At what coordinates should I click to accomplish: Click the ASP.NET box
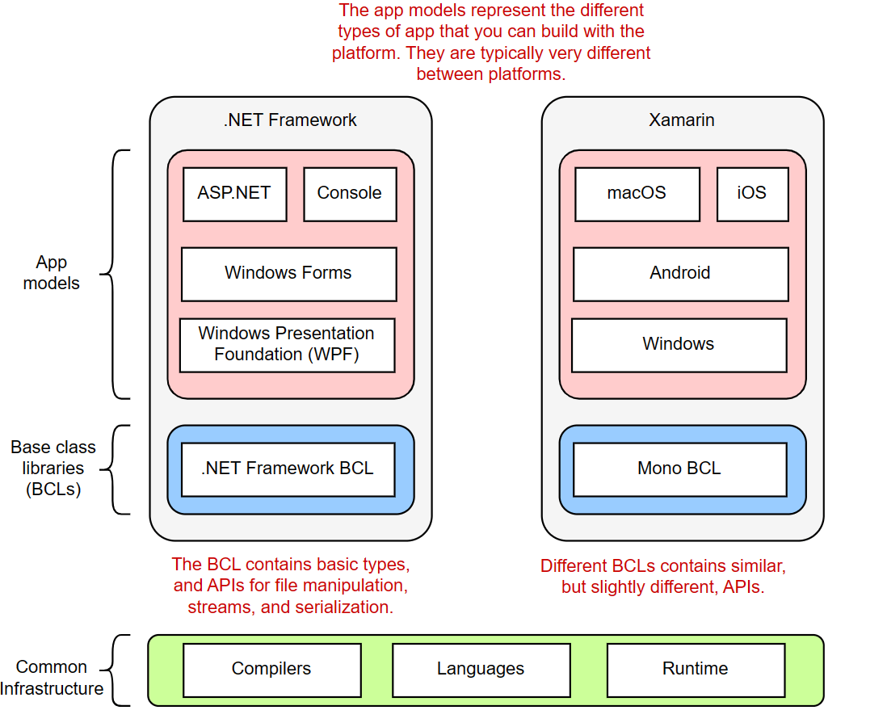tap(234, 194)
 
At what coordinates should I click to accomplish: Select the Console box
tap(350, 194)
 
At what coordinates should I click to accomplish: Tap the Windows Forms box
tap(288, 274)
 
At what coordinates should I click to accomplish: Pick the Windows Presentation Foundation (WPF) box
tap(287, 345)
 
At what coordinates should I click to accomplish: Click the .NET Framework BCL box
tap(288, 469)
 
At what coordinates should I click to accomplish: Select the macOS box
tap(637, 194)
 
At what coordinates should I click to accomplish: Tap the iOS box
tap(751, 194)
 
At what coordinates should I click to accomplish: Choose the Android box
tap(679, 274)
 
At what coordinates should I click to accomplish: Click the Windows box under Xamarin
tap(679, 345)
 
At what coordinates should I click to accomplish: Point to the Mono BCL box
tap(679, 469)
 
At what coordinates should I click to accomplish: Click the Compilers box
tap(271, 670)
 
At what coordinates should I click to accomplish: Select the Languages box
tap(481, 670)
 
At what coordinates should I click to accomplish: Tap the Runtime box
tap(695, 670)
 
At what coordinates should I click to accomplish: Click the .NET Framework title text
tap(290, 120)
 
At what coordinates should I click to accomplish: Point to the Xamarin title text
tap(682, 120)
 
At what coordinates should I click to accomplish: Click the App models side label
tap(52, 273)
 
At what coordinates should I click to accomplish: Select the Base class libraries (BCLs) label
tap(53, 469)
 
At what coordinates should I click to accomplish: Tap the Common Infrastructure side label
tap(52, 678)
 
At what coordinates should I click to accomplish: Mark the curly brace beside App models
tap(117, 274)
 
